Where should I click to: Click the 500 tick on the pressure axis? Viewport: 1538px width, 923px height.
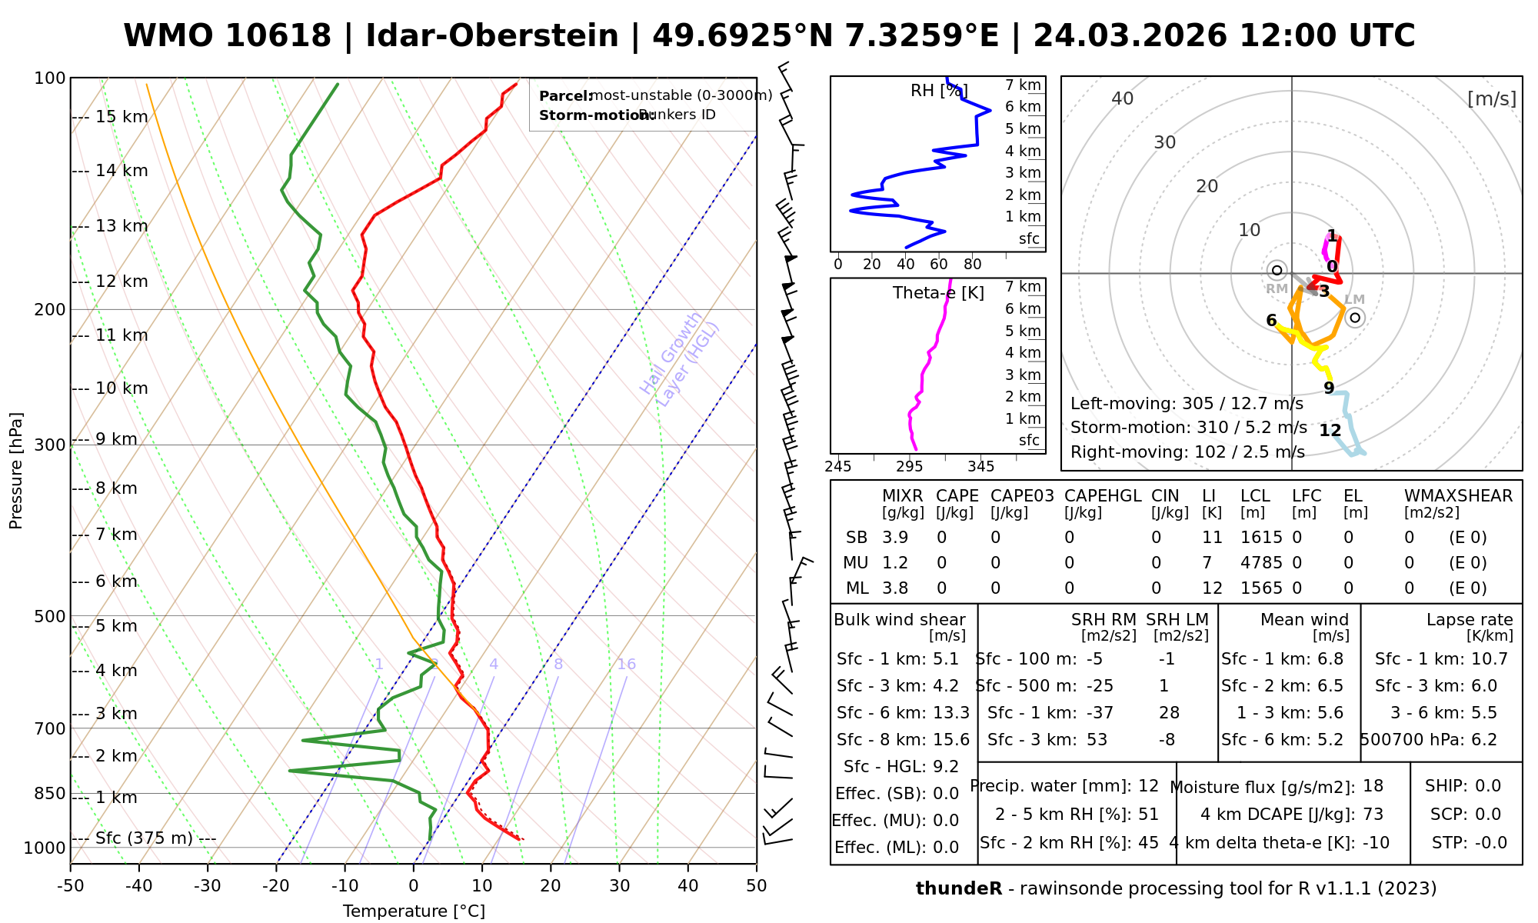click(x=51, y=616)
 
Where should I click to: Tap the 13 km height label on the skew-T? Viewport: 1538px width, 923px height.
click(x=122, y=226)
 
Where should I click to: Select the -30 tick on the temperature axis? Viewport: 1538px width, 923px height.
click(x=208, y=886)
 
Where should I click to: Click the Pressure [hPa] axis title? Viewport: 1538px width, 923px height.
click(x=16, y=471)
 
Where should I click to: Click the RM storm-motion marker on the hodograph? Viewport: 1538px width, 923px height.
click(x=1277, y=270)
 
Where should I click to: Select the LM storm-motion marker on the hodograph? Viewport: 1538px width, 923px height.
click(x=1355, y=317)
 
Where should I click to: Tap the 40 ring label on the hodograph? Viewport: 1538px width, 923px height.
click(x=1123, y=98)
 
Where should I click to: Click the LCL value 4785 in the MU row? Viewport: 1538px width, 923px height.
click(x=1261, y=563)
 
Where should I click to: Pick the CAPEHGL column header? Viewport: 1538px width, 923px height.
click(x=1103, y=496)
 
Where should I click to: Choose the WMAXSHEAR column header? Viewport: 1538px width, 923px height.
click(x=1458, y=496)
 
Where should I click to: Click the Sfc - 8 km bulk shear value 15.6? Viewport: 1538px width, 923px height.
click(x=950, y=740)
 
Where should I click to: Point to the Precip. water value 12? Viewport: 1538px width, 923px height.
click(x=1148, y=786)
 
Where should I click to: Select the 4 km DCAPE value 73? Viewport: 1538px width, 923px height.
click(x=1373, y=815)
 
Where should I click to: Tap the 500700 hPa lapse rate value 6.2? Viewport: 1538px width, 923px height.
click(x=1483, y=740)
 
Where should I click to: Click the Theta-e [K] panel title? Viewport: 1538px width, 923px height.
click(x=938, y=293)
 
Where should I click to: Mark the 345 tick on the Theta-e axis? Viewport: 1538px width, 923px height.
click(x=980, y=467)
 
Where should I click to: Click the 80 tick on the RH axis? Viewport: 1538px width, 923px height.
click(x=973, y=265)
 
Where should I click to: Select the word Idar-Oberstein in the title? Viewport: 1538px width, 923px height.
click(x=492, y=36)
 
